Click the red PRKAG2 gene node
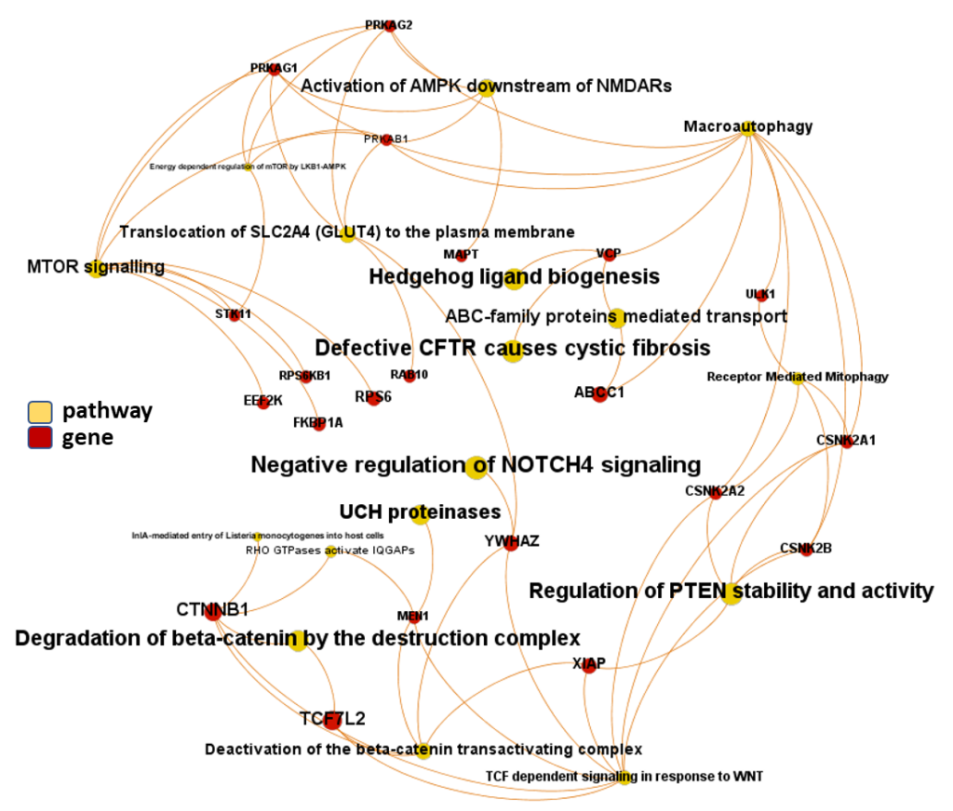point(390,25)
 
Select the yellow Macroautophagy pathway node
point(746,129)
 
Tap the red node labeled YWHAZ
point(510,543)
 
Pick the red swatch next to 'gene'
point(39,437)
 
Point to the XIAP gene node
point(589,666)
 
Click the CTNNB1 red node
point(213,611)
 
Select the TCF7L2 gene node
point(332,718)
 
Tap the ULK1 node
point(761,295)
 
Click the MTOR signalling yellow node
point(96,271)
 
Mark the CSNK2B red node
point(806,551)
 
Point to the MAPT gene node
point(461,256)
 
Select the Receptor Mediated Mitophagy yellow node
point(798,379)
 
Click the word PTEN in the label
point(698,591)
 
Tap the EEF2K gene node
point(263,403)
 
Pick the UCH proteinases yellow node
point(420,514)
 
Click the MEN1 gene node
point(415,618)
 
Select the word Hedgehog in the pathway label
point(412,276)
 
